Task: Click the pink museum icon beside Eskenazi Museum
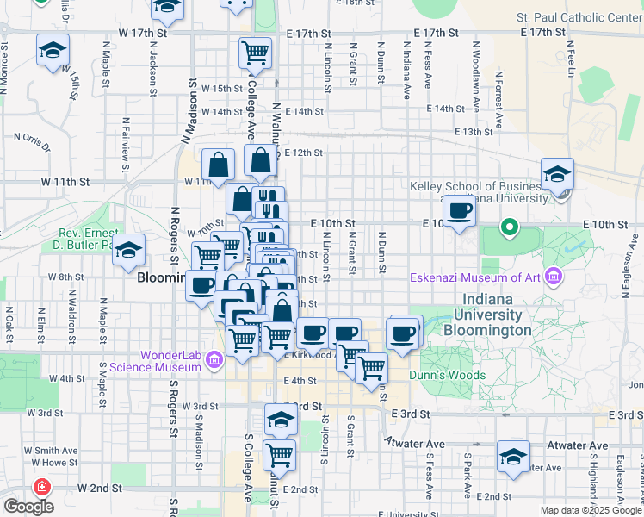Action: [x=554, y=277]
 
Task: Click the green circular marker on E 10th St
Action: [x=510, y=228]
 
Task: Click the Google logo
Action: [x=28, y=507]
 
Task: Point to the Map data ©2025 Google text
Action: [x=590, y=510]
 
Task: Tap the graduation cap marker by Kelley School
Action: [x=557, y=175]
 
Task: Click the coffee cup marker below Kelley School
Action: [x=459, y=211]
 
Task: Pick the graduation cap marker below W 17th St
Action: [x=53, y=51]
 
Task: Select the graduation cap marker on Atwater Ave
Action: [x=513, y=458]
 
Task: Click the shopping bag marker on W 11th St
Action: [x=220, y=165]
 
